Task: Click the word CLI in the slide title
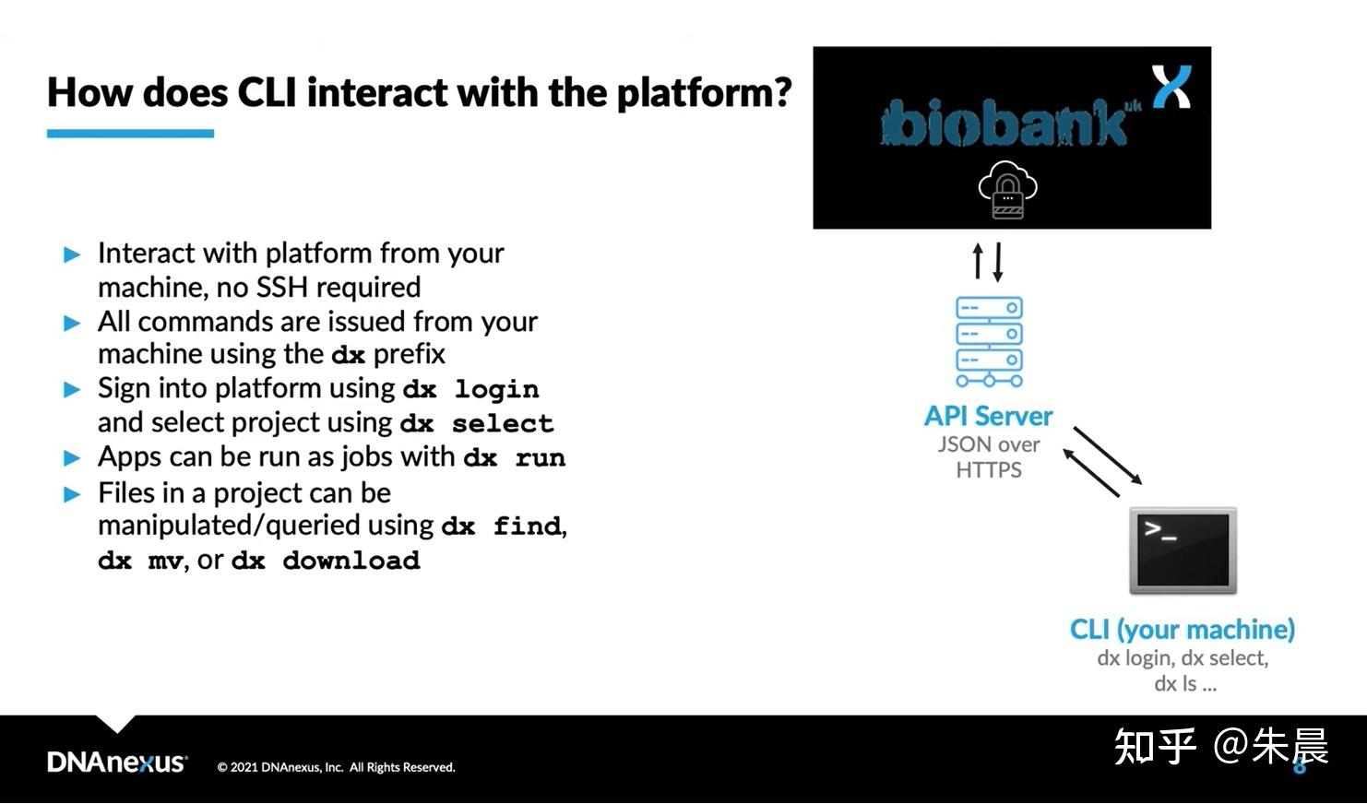tap(267, 92)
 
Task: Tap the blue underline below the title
tap(130, 134)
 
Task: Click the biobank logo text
tap(1004, 124)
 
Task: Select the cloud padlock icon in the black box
tap(1007, 190)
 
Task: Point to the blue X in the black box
tap(1171, 87)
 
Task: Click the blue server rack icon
tap(989, 342)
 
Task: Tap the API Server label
tap(988, 416)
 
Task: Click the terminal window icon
tap(1183, 550)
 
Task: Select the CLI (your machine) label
tap(1182, 630)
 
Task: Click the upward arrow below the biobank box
tap(979, 261)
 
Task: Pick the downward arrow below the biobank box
tap(998, 261)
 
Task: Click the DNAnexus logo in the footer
tap(117, 763)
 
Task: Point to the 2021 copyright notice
tap(336, 767)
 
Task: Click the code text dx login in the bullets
tap(470, 390)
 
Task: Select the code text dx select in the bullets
tap(477, 424)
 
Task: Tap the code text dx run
tap(514, 458)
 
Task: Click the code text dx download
tap(325, 561)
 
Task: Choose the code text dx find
tap(502, 526)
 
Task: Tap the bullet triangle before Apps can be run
tap(72, 458)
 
